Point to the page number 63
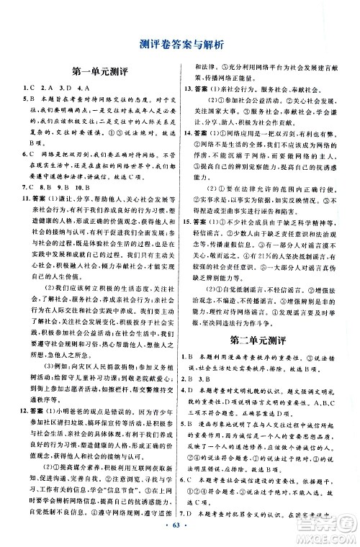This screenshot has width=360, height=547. [180, 533]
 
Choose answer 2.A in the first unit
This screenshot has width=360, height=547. [46, 87]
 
